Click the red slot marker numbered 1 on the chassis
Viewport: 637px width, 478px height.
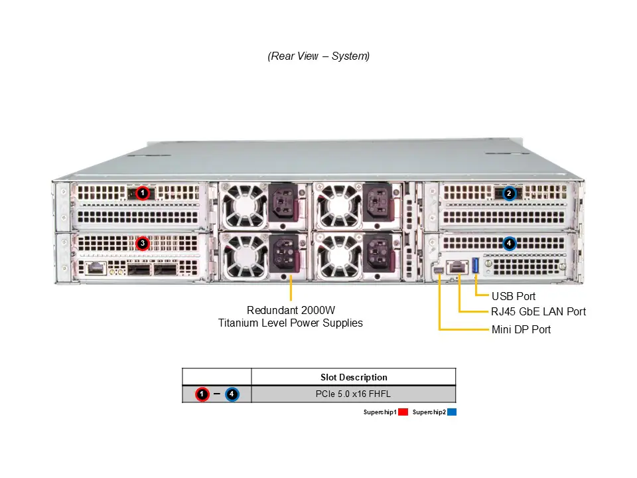(141, 193)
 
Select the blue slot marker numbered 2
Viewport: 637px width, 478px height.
(509, 193)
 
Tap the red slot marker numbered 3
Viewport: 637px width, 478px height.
(142, 244)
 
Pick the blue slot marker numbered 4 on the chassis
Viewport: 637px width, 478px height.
(509, 244)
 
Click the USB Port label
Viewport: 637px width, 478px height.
(513, 296)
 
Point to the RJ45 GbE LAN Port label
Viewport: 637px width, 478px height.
(538, 311)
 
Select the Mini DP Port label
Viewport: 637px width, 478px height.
(521, 329)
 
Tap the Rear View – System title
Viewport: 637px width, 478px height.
(318, 56)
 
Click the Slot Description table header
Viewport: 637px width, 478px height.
(354, 377)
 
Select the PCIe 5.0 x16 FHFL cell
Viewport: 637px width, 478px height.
(354, 394)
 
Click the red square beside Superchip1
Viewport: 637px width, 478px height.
(403, 412)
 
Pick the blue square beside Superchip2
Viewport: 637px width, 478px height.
(452, 412)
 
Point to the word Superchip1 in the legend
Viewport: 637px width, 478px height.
(380, 412)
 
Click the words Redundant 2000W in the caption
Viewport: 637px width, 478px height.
(291, 310)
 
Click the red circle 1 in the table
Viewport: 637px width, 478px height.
(203, 394)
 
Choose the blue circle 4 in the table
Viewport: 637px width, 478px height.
(232, 394)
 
